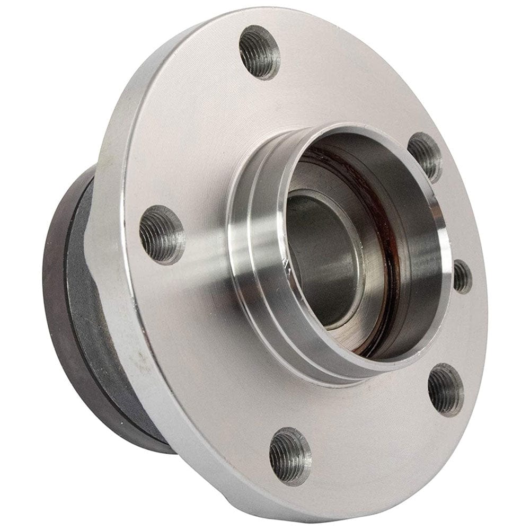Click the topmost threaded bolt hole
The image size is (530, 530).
point(259,51)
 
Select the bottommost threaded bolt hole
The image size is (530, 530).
point(290,456)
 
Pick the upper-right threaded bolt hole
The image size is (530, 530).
point(425,157)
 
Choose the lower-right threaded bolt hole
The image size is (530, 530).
point(445,390)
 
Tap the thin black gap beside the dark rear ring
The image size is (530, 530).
point(72,297)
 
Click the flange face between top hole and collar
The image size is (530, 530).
point(276,101)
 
